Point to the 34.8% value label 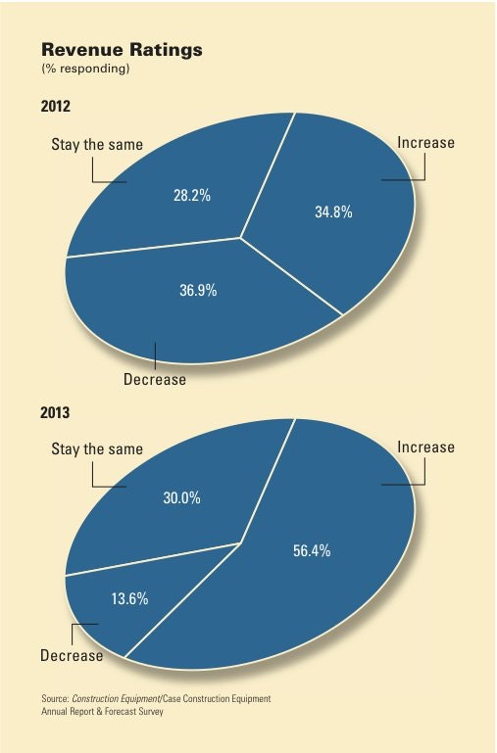[x=333, y=211]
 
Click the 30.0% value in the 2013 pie [x=181, y=497]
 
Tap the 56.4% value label [x=312, y=550]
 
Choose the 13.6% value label [x=128, y=599]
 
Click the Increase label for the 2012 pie [x=425, y=143]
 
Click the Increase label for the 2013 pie [x=425, y=447]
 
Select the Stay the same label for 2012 [x=96, y=145]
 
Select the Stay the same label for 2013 [x=96, y=449]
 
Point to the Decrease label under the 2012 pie [x=154, y=379]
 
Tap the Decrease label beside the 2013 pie [x=72, y=655]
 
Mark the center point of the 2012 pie [x=241, y=237]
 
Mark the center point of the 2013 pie [x=241, y=541]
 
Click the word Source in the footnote [x=54, y=698]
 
